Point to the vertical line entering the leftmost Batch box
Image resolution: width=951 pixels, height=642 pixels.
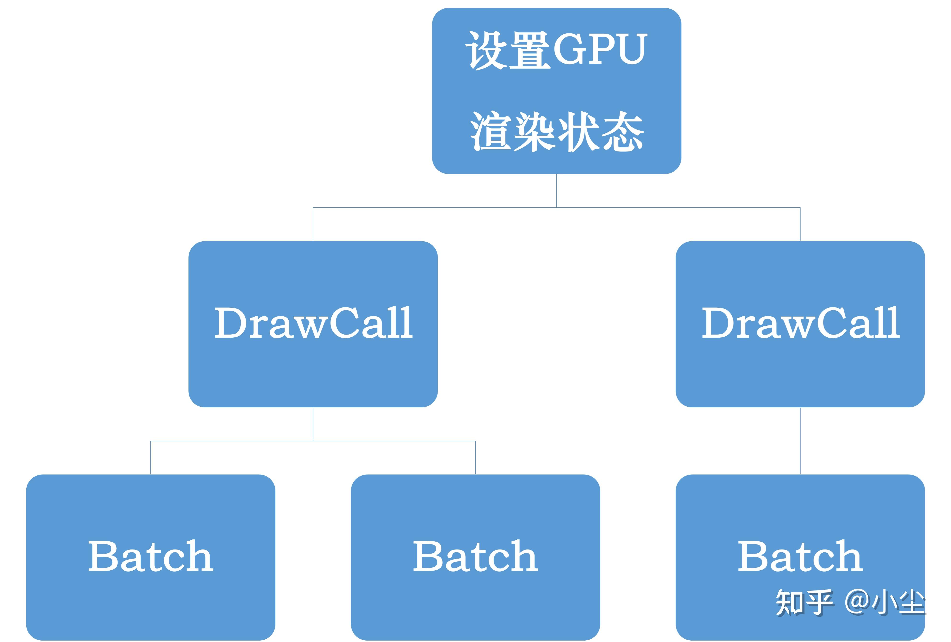[x=151, y=457]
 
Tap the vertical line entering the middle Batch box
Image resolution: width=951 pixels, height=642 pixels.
[x=476, y=457]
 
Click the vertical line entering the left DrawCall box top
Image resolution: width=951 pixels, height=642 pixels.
[x=313, y=224]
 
